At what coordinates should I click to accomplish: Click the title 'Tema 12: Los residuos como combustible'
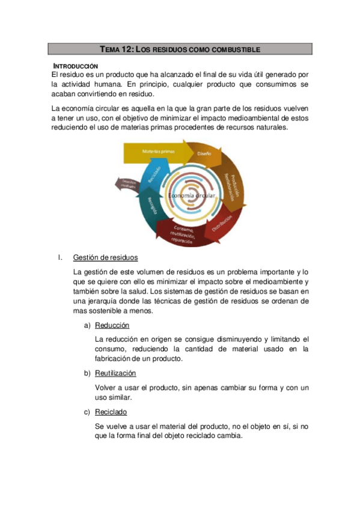[x=180, y=49]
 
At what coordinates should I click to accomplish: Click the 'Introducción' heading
[x=76, y=66]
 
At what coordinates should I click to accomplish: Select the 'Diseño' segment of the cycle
[x=204, y=155]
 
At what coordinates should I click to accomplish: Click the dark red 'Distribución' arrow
[x=222, y=224]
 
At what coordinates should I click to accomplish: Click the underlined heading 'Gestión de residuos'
[x=105, y=258]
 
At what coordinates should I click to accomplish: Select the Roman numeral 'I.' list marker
[x=60, y=258]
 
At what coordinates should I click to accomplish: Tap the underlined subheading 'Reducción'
[x=112, y=325]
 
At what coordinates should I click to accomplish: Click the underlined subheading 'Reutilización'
[x=115, y=373]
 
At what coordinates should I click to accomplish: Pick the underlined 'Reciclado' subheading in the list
[x=111, y=412]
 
